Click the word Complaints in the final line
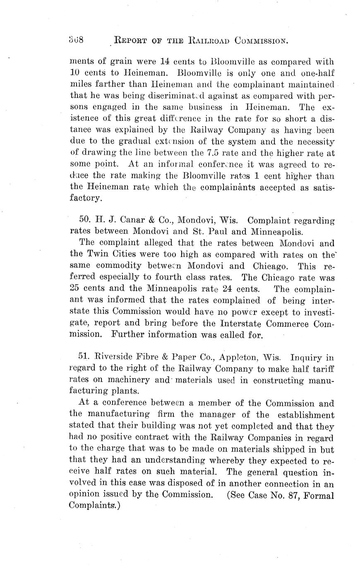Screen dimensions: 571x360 click(94, 506)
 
